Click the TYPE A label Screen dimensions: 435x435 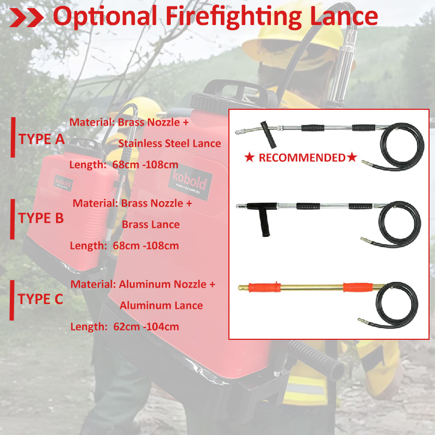tap(41, 139)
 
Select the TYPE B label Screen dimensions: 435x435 tap(41, 219)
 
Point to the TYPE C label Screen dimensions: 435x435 tap(41, 299)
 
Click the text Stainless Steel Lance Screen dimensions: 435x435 tap(170, 144)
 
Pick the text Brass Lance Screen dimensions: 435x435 tap(151, 224)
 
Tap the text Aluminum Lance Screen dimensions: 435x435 tap(161, 306)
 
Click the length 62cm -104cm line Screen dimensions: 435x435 tap(125, 327)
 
